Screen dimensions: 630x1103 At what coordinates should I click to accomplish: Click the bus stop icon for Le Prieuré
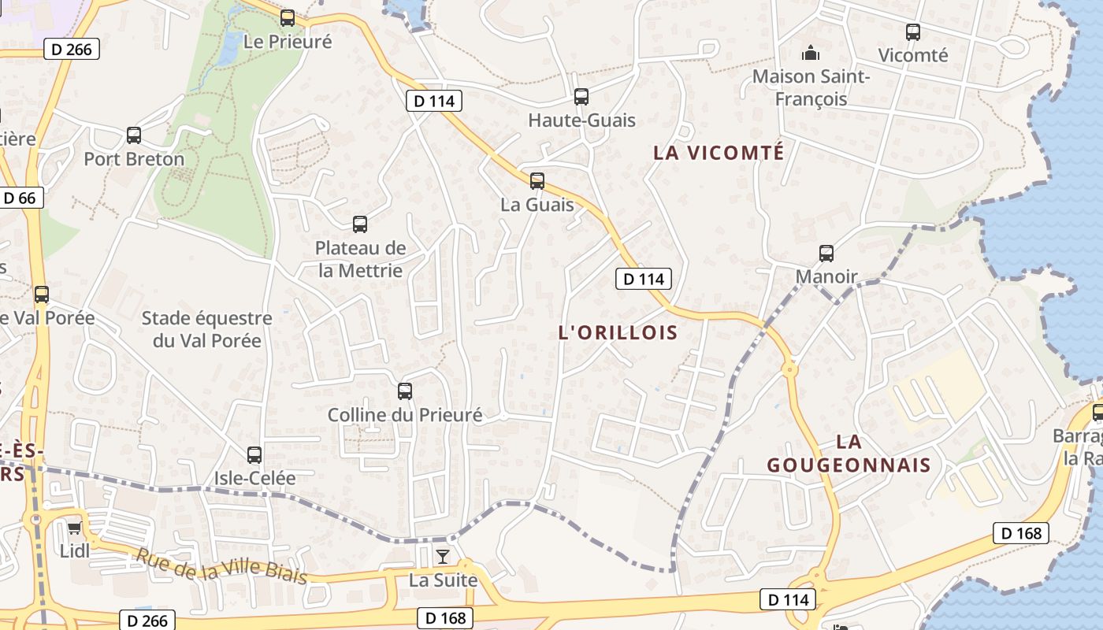coord(288,18)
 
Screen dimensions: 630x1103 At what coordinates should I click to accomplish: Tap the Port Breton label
coord(134,159)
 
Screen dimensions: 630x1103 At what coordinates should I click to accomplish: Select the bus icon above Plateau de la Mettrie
coord(360,224)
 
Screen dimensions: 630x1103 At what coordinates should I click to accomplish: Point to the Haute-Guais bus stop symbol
coord(581,97)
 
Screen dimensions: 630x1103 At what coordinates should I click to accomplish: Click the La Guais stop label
coord(537,205)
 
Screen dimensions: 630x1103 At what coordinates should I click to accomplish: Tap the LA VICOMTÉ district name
coord(719,153)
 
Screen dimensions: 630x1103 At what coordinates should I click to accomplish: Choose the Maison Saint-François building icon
coord(811,54)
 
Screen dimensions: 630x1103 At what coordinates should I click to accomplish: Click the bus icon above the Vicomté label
coord(913,32)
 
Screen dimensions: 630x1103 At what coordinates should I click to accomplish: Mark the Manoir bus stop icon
coord(826,254)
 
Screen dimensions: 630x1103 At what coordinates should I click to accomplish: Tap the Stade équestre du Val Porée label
coord(207,330)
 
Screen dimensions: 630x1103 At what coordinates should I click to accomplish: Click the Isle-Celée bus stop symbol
coord(254,455)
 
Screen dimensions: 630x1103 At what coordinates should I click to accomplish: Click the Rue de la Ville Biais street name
coord(221,565)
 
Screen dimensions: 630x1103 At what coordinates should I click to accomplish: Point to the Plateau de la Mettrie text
coord(360,259)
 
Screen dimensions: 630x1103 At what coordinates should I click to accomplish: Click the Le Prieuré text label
coord(288,43)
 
